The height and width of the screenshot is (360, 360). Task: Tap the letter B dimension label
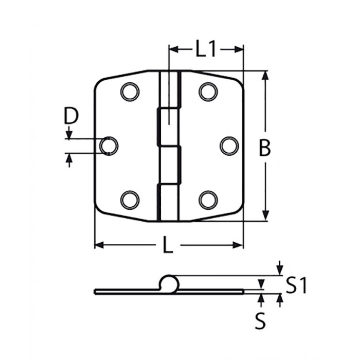tap(264, 149)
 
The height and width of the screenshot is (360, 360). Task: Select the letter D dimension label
tap(71, 116)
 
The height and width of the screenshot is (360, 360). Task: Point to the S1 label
tap(296, 285)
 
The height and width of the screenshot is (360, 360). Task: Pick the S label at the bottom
tap(261, 321)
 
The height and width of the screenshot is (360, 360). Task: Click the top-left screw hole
tap(130, 92)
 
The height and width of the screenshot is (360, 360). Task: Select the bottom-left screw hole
tap(130, 199)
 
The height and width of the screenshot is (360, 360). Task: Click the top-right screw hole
tap(208, 92)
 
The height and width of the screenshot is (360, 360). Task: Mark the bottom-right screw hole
tap(208, 199)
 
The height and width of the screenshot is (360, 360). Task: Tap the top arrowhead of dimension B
tap(265, 76)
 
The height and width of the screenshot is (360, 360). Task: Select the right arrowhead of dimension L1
tap(238, 49)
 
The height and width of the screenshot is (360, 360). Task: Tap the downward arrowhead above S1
tap(279, 271)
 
